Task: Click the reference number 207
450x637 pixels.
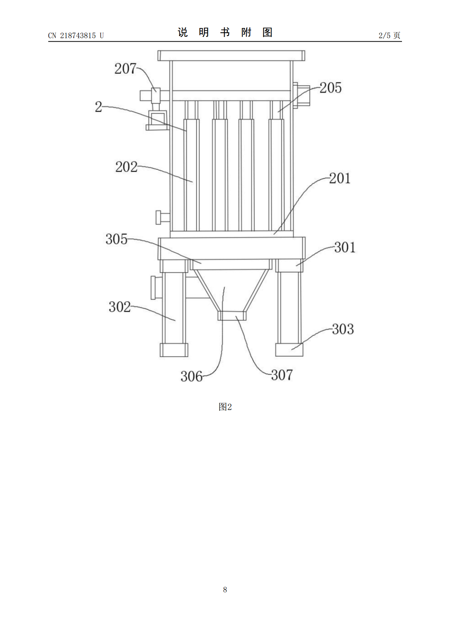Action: pos(126,69)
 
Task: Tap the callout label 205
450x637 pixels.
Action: pos(331,88)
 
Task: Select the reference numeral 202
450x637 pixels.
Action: pos(126,167)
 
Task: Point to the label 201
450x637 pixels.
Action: pos(340,179)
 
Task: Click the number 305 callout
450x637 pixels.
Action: pos(116,239)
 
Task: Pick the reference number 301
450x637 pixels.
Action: pos(345,247)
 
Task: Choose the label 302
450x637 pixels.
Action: pos(119,307)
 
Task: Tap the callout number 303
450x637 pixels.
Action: pos(343,329)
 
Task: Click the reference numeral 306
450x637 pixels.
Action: pos(191,376)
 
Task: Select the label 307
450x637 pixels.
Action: pos(282,375)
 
